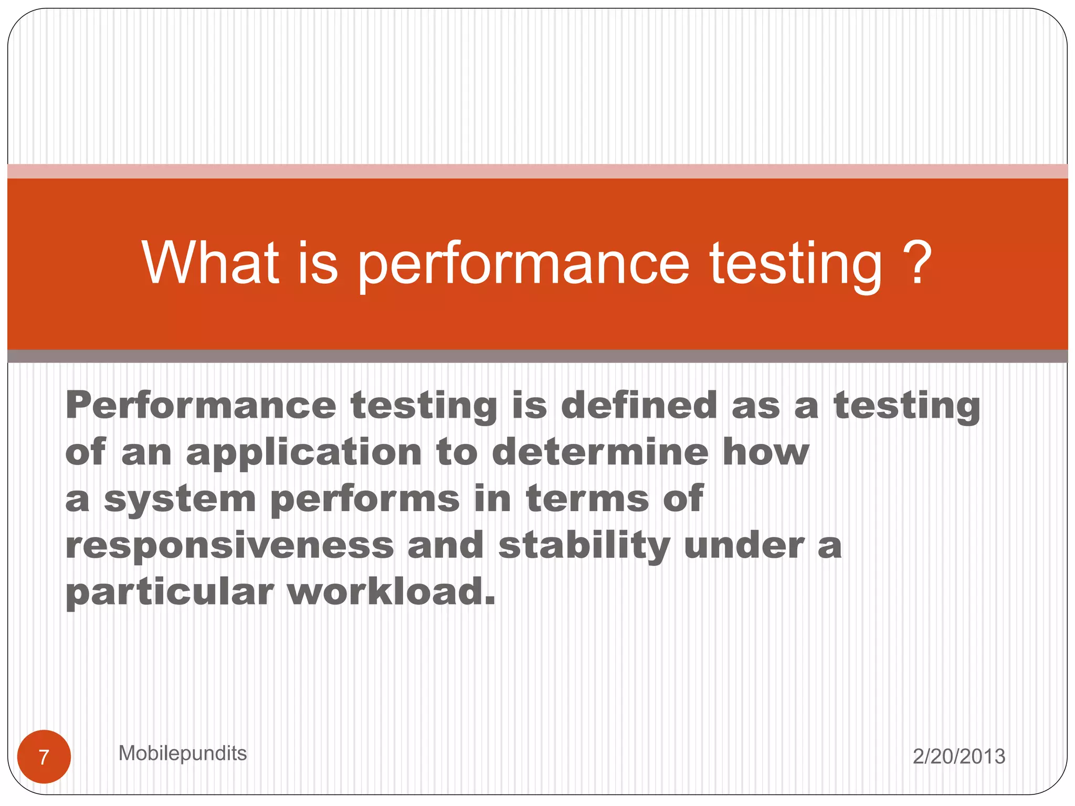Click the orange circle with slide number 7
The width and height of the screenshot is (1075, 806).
click(x=44, y=757)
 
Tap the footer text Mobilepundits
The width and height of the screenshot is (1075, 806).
click(x=182, y=753)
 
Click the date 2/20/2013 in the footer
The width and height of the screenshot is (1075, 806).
click(x=958, y=756)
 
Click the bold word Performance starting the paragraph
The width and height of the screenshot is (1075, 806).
click(x=201, y=406)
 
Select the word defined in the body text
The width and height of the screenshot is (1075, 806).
click(x=639, y=406)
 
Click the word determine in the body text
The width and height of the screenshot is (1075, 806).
click(x=600, y=452)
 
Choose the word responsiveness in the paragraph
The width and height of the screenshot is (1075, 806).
click(x=229, y=545)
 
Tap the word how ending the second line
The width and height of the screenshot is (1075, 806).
click(x=766, y=452)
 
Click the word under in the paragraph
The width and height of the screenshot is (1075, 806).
click(x=744, y=545)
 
